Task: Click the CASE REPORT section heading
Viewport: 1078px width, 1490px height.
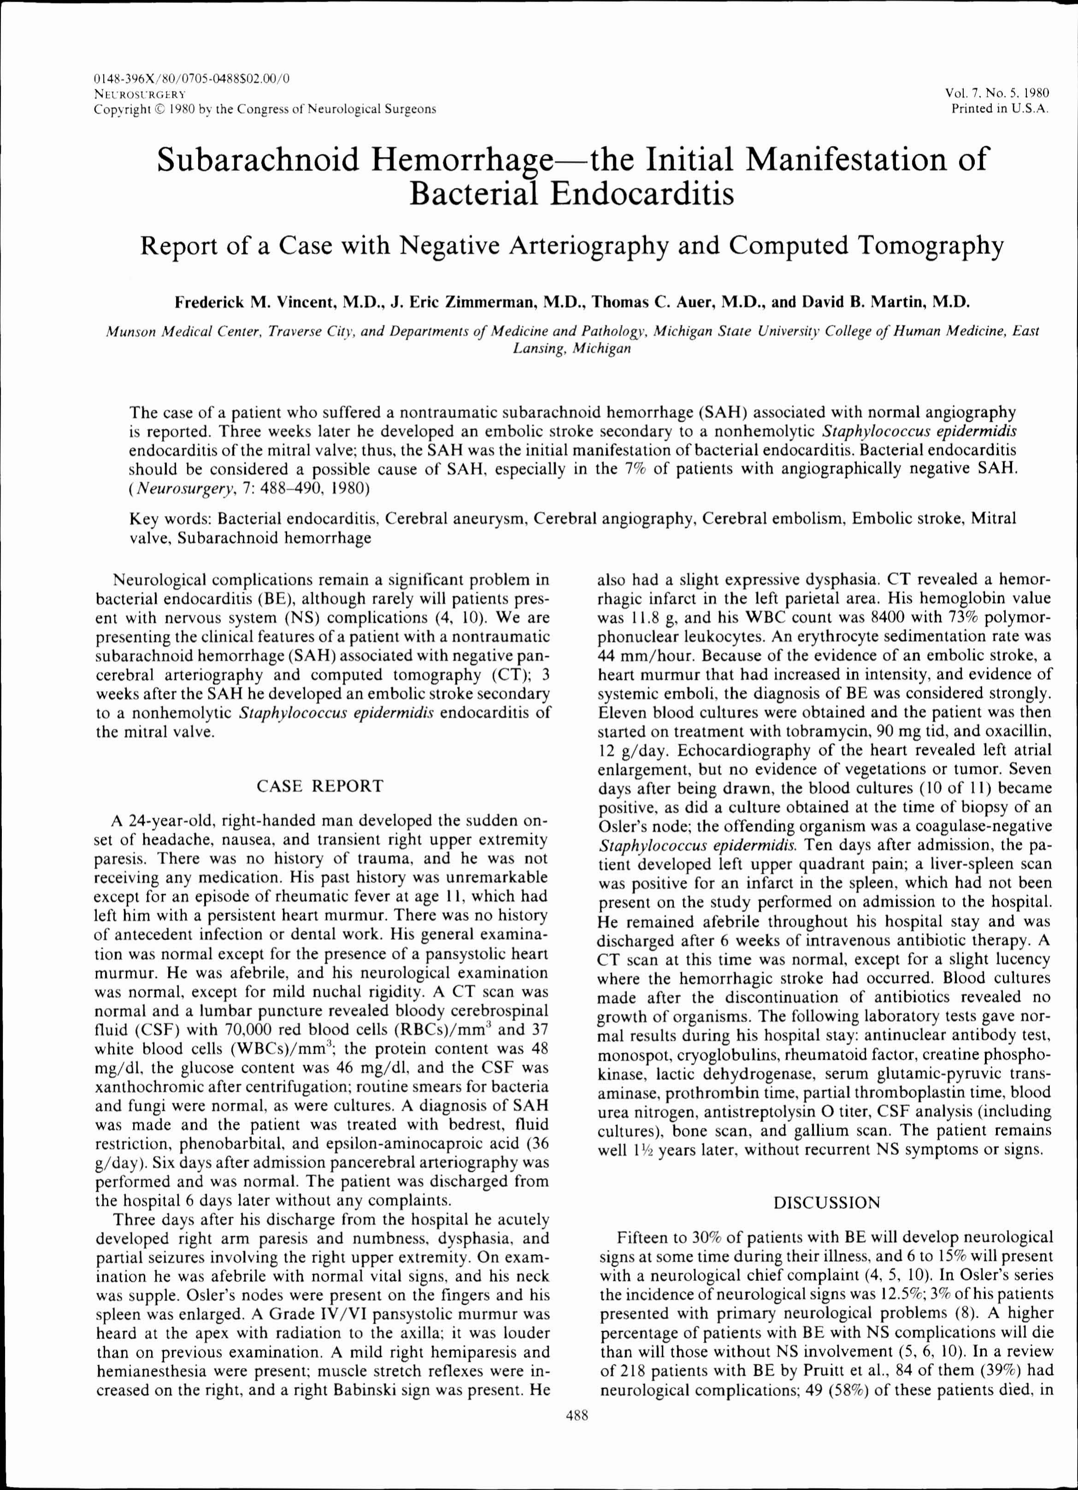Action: click(319, 786)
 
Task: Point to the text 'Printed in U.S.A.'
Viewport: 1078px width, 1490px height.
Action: click(1000, 108)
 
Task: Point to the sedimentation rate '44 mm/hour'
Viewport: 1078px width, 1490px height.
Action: click(644, 655)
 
